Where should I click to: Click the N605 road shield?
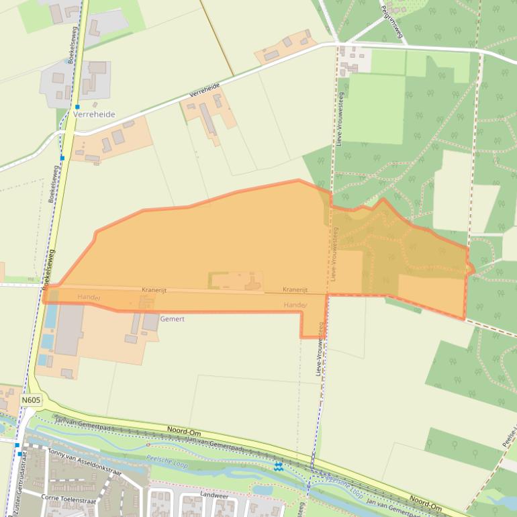pyautogui.click(x=31, y=400)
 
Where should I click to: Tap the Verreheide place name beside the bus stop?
pyautogui.click(x=95, y=115)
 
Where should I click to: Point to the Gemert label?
pyautogui.click(x=172, y=319)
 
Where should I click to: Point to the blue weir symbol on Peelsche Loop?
pyautogui.click(x=279, y=466)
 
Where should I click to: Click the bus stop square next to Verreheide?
pyautogui.click(x=77, y=106)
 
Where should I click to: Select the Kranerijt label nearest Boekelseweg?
pyautogui.click(x=154, y=290)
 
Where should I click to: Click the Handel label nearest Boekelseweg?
pyautogui.click(x=89, y=297)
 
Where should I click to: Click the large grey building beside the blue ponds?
pyautogui.click(x=69, y=330)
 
